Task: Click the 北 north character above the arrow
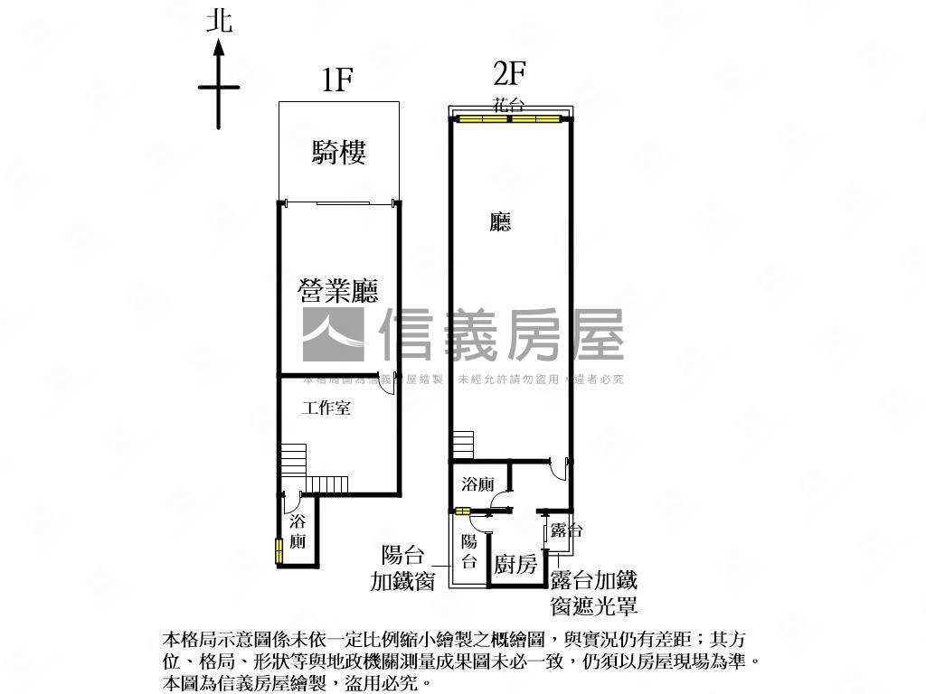(x=219, y=21)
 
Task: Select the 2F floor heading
(x=509, y=72)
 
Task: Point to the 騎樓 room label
(x=339, y=152)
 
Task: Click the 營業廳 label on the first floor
(x=338, y=291)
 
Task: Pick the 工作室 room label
(x=326, y=408)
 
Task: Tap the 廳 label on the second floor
(x=500, y=222)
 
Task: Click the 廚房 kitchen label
(x=515, y=566)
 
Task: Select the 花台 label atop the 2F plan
(x=508, y=105)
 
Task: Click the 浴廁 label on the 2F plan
(x=477, y=484)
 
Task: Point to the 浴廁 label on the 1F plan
(x=298, y=532)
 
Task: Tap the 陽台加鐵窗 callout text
(x=403, y=568)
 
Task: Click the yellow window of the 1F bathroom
(x=279, y=550)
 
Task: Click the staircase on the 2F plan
(x=463, y=445)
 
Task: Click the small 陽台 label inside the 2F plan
(x=469, y=552)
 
